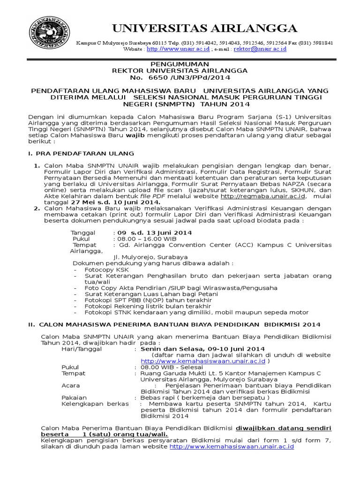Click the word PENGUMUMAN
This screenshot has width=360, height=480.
pyautogui.click(x=180, y=63)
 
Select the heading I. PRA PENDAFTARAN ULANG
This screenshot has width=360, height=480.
pyautogui.click(x=81, y=153)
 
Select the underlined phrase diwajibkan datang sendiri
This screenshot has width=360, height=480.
pyautogui.click(x=283, y=428)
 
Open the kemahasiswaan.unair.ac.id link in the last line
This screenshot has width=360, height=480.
pyautogui.click(x=232, y=447)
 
